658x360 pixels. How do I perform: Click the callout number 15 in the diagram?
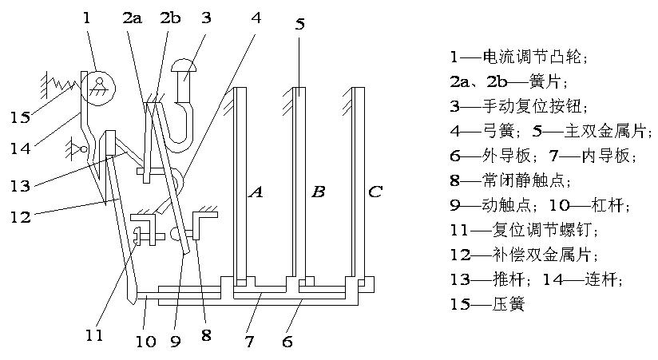[20, 117]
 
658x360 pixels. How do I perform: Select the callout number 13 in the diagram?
[20, 185]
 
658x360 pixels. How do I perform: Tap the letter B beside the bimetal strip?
[318, 192]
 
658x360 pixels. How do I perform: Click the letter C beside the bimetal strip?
[375, 192]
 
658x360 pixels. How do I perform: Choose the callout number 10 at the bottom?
[145, 342]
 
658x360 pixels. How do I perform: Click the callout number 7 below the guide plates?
[248, 342]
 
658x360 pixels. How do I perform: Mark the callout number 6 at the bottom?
[287, 342]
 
